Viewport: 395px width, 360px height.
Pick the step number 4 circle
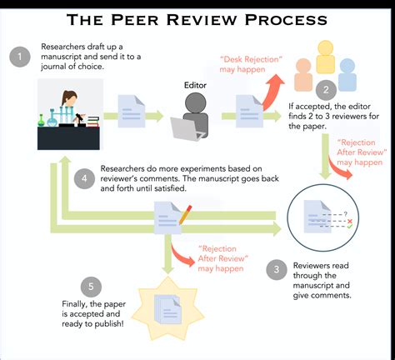82,177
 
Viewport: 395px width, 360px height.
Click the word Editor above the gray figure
199,84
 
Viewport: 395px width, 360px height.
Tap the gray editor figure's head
197,102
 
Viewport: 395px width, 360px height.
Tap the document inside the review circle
312,214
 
